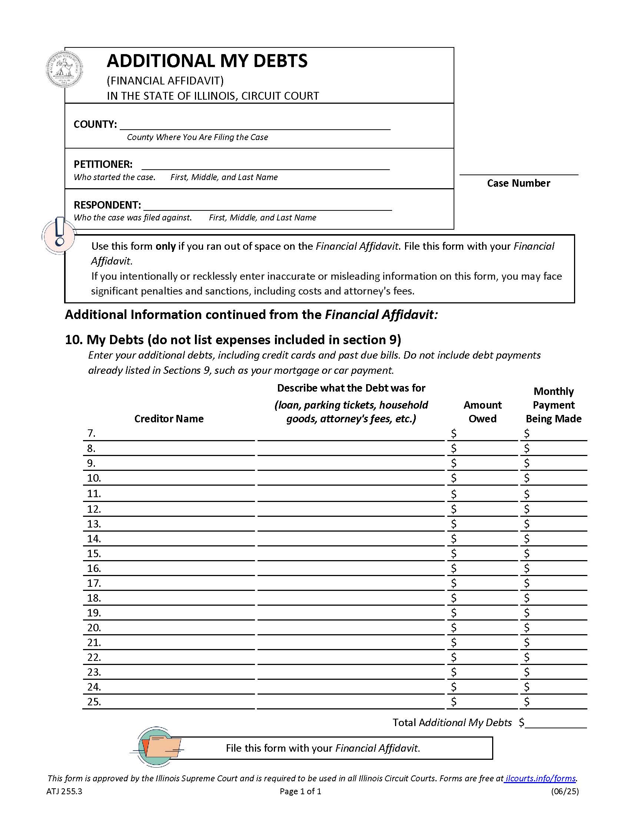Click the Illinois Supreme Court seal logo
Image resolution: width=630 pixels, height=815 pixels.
(64, 70)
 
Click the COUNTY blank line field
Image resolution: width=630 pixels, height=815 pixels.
(255, 124)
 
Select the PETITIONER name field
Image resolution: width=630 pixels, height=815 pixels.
(265, 165)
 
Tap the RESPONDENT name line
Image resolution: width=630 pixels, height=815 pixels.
(268, 206)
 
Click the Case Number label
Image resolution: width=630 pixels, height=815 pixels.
(518, 183)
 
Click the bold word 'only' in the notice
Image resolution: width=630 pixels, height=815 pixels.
(165, 246)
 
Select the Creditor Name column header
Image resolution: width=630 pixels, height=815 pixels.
(169, 419)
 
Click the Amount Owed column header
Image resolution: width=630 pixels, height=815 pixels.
(482, 412)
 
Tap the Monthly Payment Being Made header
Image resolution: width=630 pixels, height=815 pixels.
(553, 405)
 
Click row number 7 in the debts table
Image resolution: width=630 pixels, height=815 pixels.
(92, 433)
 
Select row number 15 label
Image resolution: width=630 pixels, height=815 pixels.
(94, 554)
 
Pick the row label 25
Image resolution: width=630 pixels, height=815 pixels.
(94, 702)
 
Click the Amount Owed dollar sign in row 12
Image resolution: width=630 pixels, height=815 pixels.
(454, 509)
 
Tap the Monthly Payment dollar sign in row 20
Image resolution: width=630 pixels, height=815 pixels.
(526, 628)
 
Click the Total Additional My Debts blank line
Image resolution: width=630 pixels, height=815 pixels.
(556, 723)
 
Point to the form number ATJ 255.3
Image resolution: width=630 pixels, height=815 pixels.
(64, 792)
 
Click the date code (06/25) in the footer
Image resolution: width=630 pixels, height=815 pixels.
(564, 792)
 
